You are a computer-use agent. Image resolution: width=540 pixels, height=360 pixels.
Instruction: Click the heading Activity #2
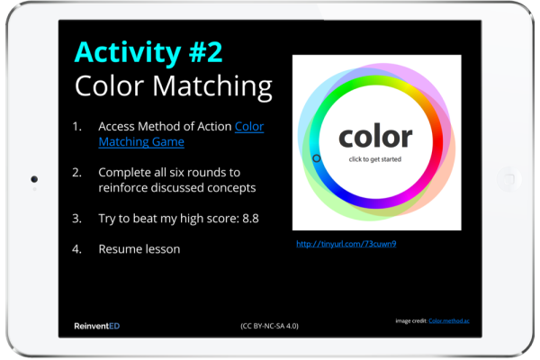[x=148, y=52]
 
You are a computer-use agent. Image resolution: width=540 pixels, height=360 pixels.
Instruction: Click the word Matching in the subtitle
[x=212, y=86]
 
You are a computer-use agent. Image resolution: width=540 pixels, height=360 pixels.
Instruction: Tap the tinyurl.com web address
[x=346, y=244]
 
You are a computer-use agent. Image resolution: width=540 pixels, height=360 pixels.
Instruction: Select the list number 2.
[x=76, y=172]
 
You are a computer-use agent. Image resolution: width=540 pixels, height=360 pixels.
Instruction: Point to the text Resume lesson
[x=139, y=249]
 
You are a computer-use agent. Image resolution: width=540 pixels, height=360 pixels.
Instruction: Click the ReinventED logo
[x=97, y=326]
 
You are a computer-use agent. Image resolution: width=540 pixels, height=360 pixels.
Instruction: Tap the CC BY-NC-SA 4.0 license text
[x=269, y=326]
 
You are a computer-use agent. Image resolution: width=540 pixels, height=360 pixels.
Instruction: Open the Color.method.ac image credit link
[x=449, y=321]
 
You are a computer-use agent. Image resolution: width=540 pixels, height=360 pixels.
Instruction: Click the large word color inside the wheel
[x=375, y=136]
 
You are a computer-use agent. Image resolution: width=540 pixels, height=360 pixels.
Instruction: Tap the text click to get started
[x=375, y=159]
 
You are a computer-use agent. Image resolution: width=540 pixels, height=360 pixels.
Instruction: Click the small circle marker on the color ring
[x=317, y=158]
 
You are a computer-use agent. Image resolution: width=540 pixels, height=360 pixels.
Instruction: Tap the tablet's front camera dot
[x=34, y=179]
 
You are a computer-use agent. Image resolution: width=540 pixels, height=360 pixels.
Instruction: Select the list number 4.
[x=76, y=249]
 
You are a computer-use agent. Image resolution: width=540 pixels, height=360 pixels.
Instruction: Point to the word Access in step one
[x=116, y=126]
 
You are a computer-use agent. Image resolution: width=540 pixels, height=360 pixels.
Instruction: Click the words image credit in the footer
[x=411, y=321]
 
